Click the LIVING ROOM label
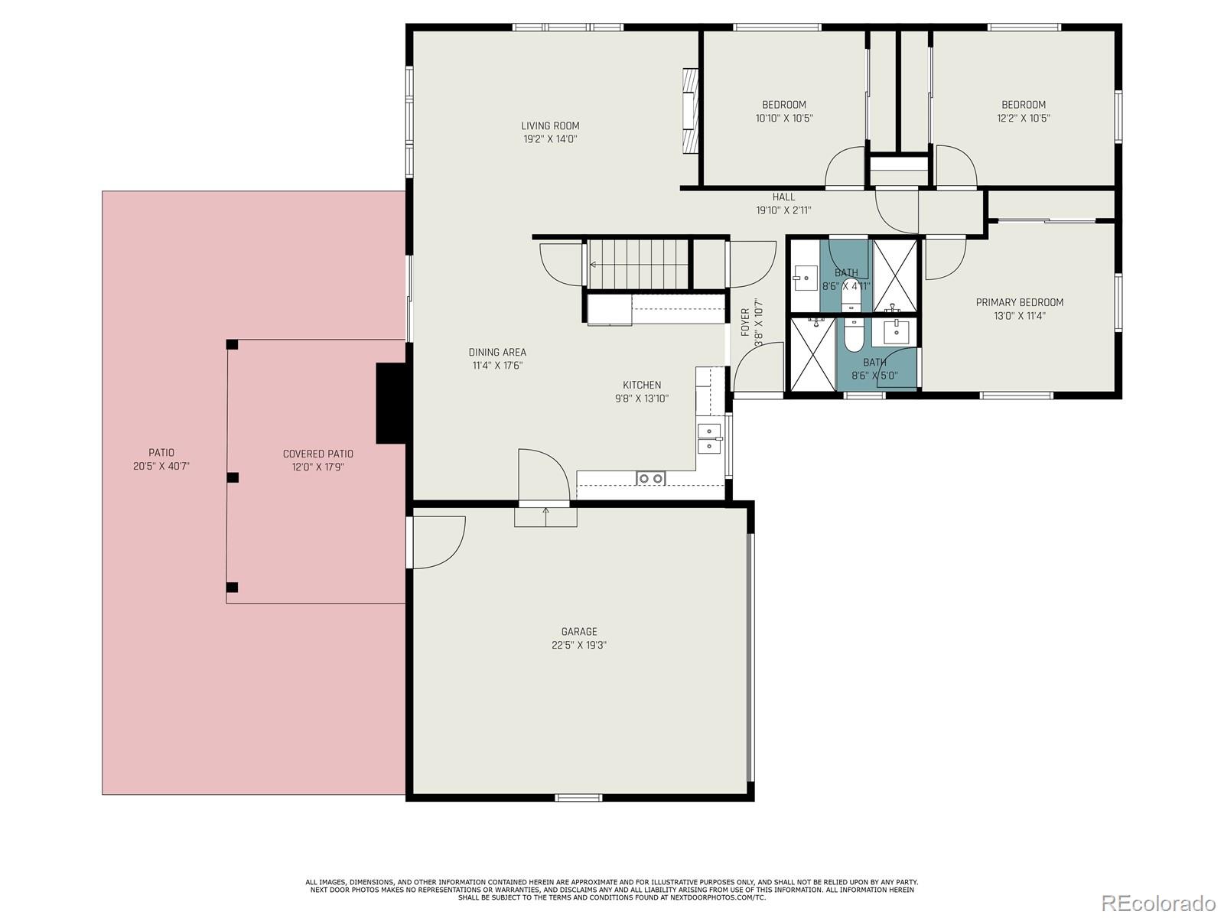550,126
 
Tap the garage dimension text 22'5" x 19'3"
579,645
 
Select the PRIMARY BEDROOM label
1019,302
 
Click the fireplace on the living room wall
691,112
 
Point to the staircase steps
639,265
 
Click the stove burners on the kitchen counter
651,479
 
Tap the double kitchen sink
709,438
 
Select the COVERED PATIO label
318,454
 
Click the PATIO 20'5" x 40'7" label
161,458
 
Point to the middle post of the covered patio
233,477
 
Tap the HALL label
783,197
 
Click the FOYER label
745,322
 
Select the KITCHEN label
641,385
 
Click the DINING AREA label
497,353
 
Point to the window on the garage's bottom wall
578,798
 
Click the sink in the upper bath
805,278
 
